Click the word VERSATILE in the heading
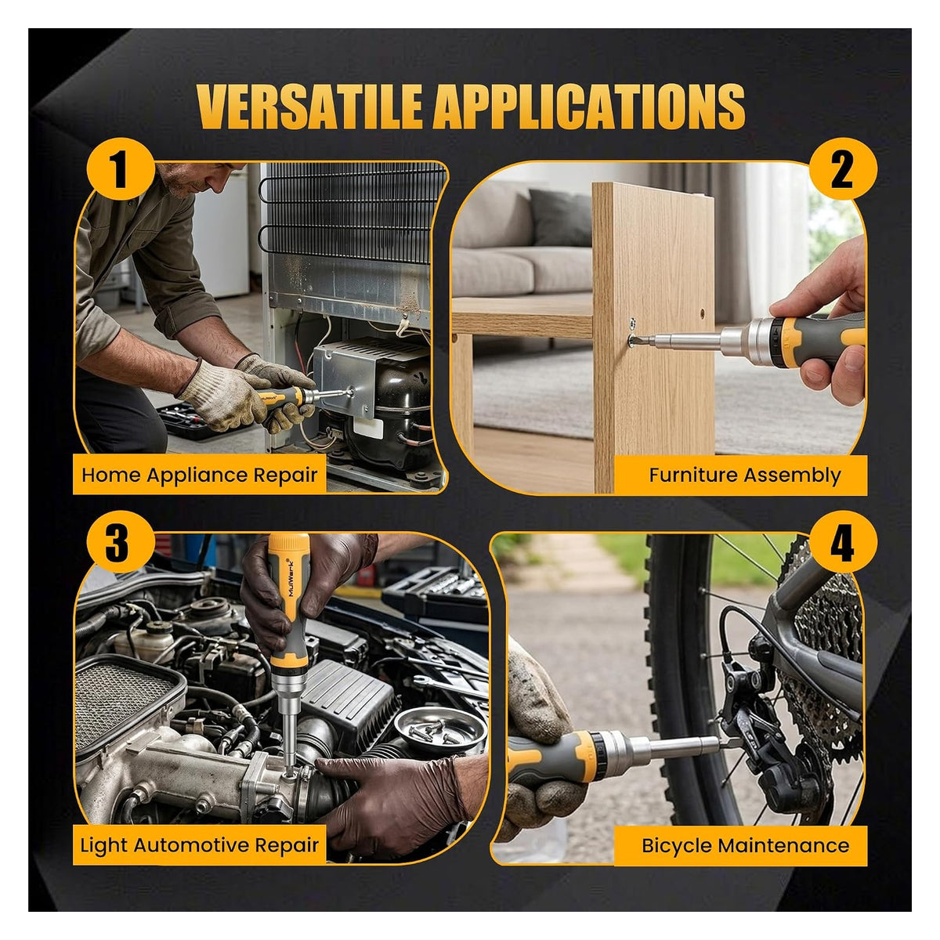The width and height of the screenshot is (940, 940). tap(309, 107)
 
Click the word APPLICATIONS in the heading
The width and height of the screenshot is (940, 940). tap(587, 107)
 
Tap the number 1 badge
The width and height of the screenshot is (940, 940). tap(121, 169)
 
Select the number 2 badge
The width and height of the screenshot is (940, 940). tap(842, 169)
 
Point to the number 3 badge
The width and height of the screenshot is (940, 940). tap(121, 542)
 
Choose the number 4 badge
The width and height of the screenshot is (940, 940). tap(842, 542)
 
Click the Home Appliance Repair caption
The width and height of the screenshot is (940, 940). tap(200, 475)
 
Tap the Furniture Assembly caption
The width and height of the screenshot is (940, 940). tap(745, 475)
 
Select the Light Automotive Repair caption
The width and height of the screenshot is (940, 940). tap(200, 845)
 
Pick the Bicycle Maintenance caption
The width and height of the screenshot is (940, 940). tap(745, 845)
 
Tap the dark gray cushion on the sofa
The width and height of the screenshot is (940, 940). tap(561, 217)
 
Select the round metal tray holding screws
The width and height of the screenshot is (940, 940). tap(439, 731)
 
